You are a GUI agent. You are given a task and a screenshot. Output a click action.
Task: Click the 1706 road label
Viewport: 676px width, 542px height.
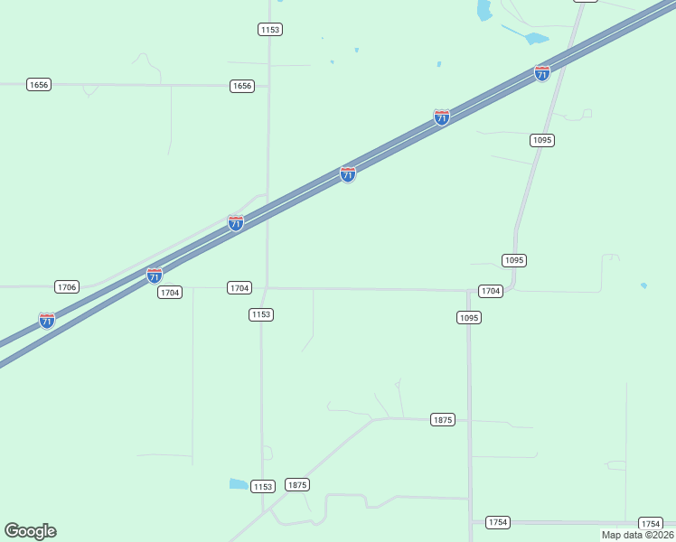66,286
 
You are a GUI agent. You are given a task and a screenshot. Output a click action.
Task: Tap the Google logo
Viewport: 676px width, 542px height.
30,531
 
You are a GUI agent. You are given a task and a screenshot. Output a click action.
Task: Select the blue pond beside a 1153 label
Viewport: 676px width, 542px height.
239,484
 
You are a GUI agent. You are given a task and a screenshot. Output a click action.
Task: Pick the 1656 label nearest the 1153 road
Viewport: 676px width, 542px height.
242,86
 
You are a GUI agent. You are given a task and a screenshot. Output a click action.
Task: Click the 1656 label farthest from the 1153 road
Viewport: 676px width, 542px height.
39,84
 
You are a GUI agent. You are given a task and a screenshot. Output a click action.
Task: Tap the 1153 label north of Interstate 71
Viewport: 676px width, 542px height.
269,30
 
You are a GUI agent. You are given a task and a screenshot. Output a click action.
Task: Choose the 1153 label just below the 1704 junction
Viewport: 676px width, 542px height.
261,314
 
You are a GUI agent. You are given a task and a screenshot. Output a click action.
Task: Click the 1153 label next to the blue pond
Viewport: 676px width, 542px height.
262,487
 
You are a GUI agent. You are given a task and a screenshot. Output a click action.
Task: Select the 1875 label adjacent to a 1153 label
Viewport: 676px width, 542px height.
297,485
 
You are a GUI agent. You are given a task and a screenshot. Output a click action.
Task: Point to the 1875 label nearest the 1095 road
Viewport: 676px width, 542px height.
442,420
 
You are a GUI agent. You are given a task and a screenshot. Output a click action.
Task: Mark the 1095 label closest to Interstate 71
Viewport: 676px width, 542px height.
542,140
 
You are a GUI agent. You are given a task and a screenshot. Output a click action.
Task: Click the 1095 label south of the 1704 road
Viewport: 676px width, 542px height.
468,317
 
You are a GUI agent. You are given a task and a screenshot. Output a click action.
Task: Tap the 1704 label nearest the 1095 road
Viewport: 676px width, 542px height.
490,291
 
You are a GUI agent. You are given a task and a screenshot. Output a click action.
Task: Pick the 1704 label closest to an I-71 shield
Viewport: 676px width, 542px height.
170,292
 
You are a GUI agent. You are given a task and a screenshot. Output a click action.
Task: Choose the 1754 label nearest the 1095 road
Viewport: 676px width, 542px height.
498,522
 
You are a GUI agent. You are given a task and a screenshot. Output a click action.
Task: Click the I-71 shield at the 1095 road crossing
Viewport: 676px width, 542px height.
542,73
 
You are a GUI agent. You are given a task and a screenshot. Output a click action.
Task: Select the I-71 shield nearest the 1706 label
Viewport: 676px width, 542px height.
47,320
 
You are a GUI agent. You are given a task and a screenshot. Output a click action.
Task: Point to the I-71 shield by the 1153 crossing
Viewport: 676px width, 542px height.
236,222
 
